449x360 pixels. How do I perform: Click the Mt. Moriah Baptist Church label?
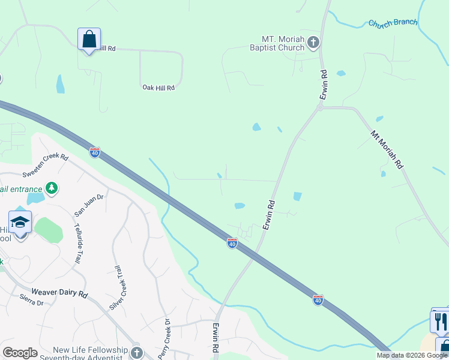pos(278,43)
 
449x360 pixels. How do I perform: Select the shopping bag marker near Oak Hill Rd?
pos(89,40)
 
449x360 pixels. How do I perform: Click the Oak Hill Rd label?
pos(158,88)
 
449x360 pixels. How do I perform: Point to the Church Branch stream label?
pos(393,23)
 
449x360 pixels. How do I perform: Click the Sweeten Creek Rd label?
pos(46,166)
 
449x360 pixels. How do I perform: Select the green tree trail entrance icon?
pos(52,188)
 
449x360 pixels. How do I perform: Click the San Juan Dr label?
pos(89,205)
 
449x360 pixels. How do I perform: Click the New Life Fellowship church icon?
pos(137,352)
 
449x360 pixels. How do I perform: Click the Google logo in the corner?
pos(20,353)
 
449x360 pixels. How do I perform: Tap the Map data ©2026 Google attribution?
pos(412,355)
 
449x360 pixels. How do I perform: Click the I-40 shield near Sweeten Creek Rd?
pos(95,152)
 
